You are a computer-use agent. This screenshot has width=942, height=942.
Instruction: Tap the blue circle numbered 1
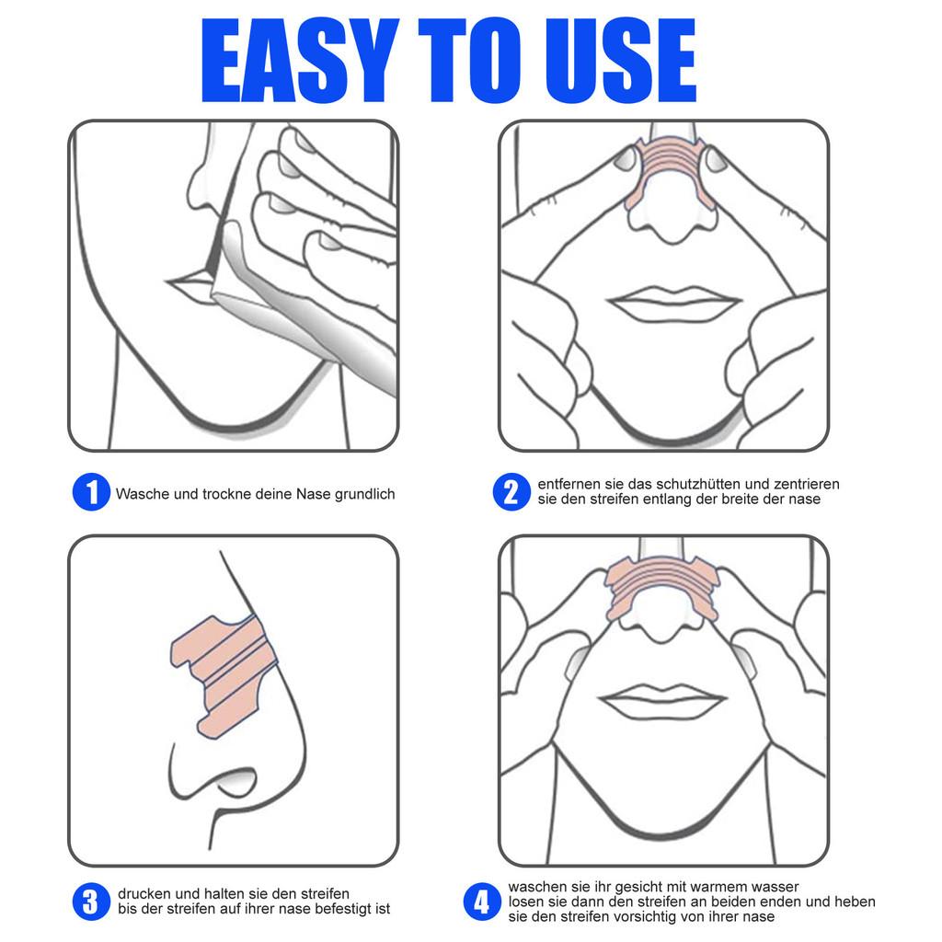90,493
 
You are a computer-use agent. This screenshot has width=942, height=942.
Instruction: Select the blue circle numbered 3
90,901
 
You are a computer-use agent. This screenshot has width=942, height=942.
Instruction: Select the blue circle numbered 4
480,902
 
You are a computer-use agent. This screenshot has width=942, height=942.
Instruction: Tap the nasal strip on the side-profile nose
221,672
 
